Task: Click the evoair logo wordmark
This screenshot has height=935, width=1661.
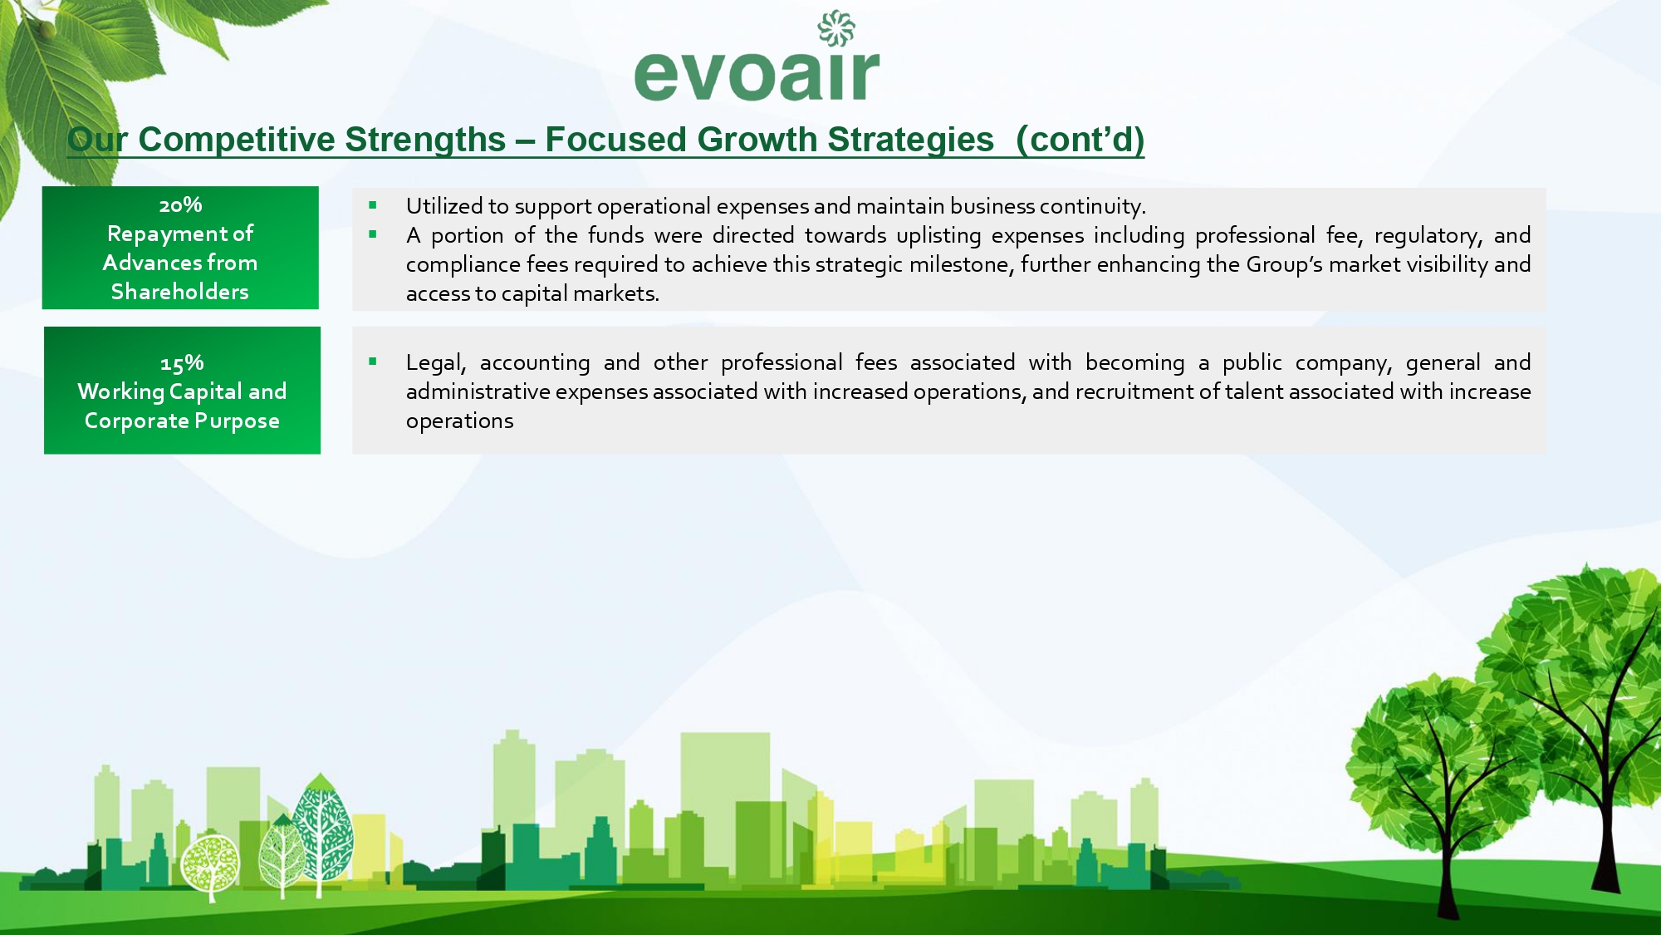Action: pos(757,75)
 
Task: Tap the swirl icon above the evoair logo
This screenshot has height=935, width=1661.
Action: pos(836,28)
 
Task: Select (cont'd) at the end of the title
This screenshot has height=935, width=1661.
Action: pos(1080,140)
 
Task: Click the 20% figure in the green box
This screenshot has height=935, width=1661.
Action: pos(180,204)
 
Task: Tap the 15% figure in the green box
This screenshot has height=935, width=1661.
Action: pos(182,363)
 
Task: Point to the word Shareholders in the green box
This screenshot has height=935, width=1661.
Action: pos(180,292)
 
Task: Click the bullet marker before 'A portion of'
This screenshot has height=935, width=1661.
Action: pos(373,234)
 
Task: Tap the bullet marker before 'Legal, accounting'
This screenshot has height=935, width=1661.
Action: pos(373,362)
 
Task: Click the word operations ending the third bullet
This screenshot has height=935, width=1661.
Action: pos(460,421)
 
